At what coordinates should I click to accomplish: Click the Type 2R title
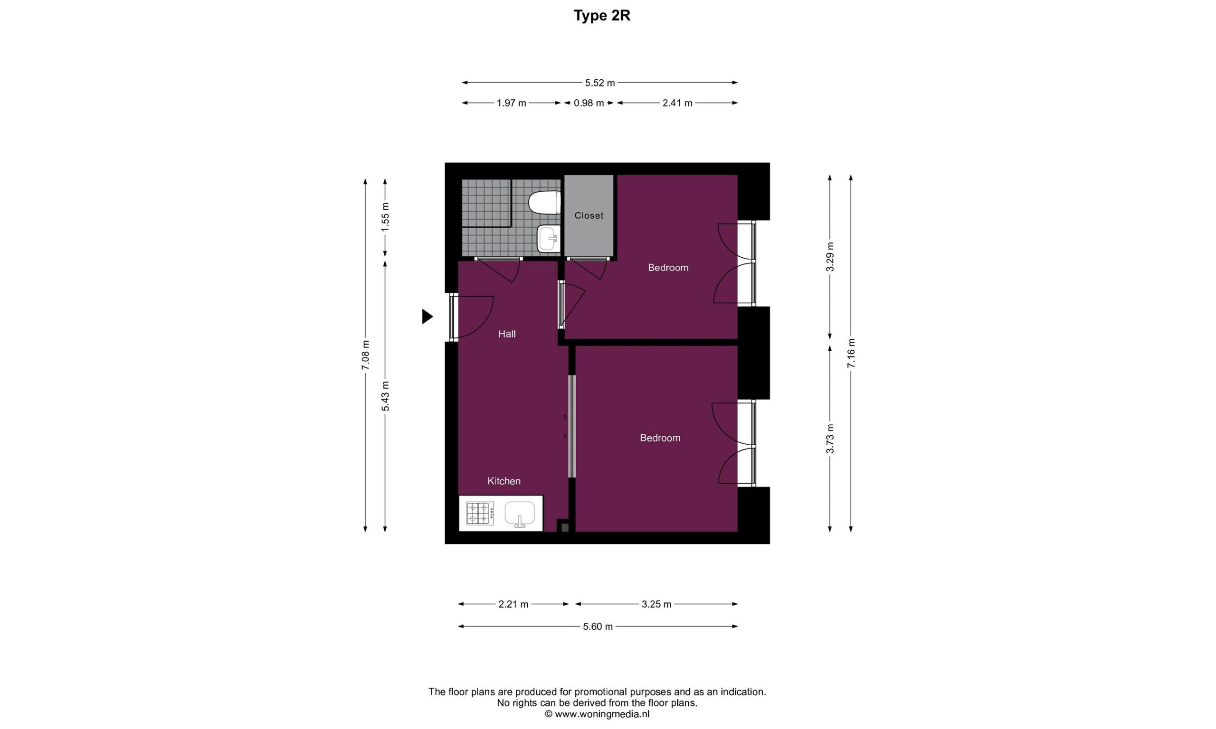(x=602, y=16)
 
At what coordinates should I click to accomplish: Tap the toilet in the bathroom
(x=545, y=202)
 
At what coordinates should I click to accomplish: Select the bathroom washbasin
(x=549, y=238)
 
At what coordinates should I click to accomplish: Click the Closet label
(x=589, y=215)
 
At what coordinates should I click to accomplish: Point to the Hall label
(x=507, y=334)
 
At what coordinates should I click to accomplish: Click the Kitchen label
(x=504, y=481)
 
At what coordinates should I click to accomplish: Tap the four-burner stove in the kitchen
(x=480, y=514)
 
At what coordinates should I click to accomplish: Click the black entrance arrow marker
(x=427, y=317)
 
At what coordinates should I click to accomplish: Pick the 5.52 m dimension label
(x=599, y=83)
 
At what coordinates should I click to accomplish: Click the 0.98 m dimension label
(x=589, y=103)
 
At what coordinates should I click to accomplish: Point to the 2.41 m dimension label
(x=677, y=103)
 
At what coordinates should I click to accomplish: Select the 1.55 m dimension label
(x=385, y=217)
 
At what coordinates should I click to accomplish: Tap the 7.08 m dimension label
(x=365, y=355)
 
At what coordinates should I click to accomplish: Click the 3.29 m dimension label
(x=830, y=257)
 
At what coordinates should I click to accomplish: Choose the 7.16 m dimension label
(x=851, y=353)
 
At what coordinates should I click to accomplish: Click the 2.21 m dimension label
(x=513, y=604)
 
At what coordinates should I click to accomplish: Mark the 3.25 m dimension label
(x=656, y=604)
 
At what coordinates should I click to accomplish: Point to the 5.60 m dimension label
(x=598, y=626)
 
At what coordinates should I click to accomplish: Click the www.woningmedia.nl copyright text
(x=597, y=714)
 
